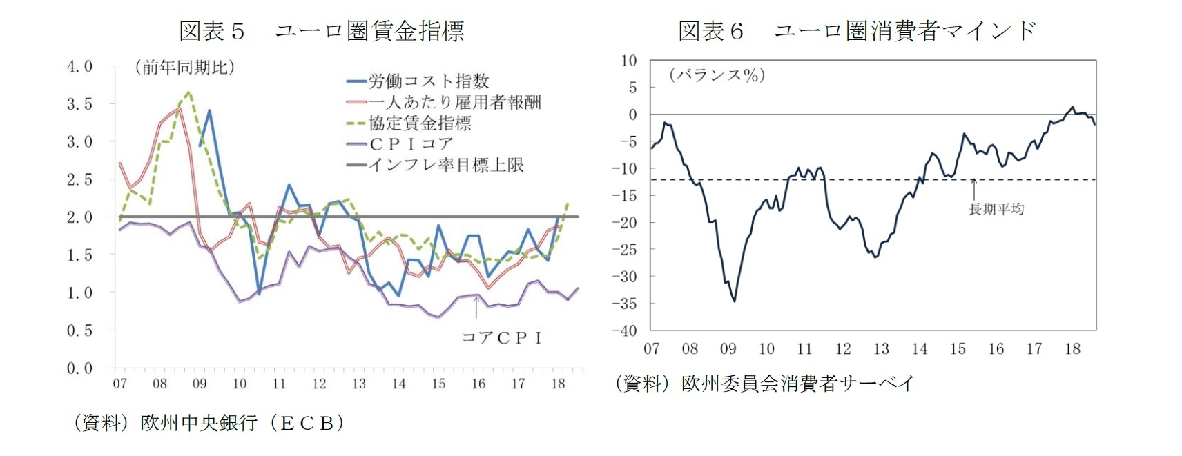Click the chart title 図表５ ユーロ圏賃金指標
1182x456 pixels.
[321, 31]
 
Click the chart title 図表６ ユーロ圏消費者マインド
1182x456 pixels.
[857, 31]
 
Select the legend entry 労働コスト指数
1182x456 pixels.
[428, 81]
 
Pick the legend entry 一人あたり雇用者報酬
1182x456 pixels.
[454, 102]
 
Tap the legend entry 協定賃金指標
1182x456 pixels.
[420, 123]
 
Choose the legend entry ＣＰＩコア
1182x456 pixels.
[411, 144]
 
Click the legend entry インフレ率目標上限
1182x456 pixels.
[446, 166]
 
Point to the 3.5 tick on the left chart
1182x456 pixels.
[79, 104]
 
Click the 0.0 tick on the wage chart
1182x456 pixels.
[79, 368]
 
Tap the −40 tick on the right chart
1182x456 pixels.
[625, 330]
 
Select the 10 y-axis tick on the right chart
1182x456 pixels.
[628, 61]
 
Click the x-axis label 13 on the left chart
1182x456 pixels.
[359, 384]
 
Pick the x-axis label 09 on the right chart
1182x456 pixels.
[728, 349]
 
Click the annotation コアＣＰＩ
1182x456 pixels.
[502, 337]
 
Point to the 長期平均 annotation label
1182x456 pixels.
[996, 209]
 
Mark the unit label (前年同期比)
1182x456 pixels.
[184, 68]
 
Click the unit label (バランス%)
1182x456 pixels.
[717, 75]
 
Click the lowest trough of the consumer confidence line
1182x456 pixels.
[735, 301]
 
